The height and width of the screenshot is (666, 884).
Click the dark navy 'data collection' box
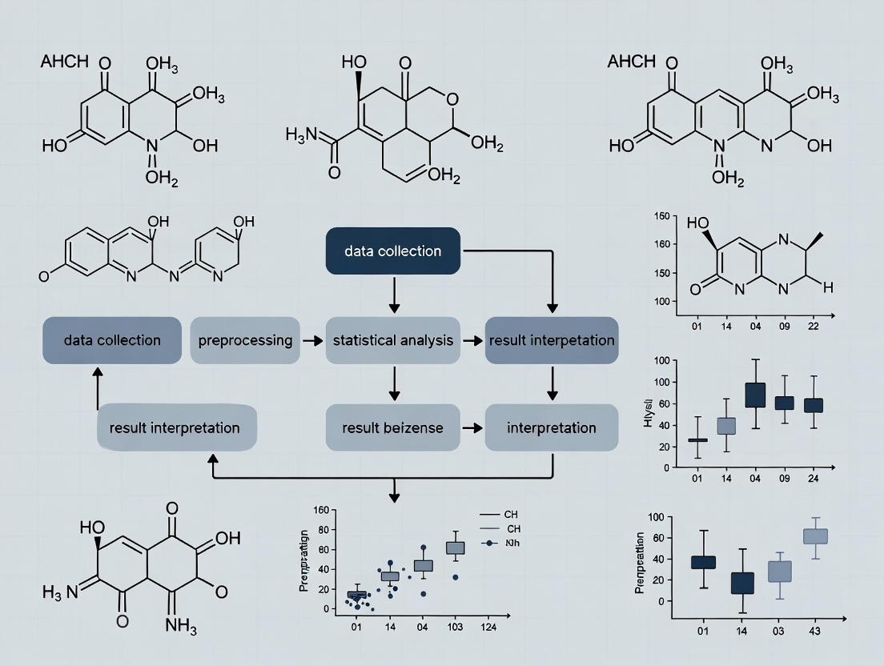click(392, 251)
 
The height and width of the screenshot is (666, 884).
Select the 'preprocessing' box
click(245, 340)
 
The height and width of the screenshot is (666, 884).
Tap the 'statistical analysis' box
click(393, 340)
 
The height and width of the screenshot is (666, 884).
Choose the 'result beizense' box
click(392, 427)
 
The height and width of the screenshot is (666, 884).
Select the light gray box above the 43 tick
click(815, 536)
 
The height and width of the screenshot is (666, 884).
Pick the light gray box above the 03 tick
click(779, 571)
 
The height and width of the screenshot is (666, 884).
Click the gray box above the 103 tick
click(455, 548)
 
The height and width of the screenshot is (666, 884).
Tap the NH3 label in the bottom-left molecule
click(180, 624)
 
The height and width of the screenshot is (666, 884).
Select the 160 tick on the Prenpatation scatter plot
click(323, 510)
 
